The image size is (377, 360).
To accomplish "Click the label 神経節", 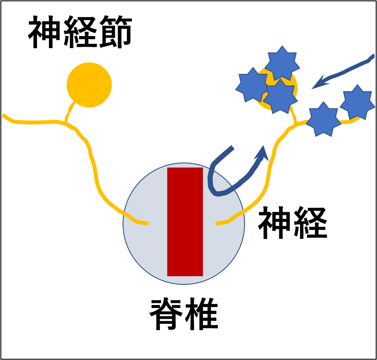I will point(80,34).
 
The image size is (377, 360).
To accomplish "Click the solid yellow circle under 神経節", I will point(89,85).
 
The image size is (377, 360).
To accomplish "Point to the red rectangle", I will point(185,222).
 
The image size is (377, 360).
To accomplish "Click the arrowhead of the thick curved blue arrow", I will point(262,153).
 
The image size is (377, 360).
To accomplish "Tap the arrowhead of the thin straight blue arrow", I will point(317,85).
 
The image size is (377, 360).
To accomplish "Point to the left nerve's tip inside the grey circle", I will point(146,223).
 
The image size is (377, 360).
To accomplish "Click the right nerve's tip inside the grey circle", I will point(218,223).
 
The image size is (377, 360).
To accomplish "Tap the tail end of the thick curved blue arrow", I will point(232,148).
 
